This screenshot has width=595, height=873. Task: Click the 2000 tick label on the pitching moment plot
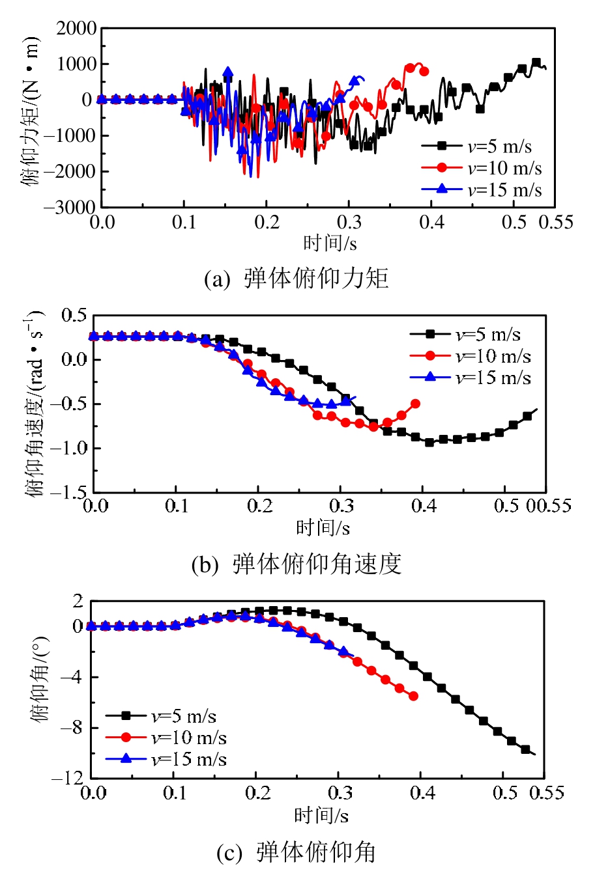click(x=76, y=29)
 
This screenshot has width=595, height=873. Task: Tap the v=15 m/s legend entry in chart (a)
click(x=481, y=189)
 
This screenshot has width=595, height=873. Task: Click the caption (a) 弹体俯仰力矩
click(x=297, y=279)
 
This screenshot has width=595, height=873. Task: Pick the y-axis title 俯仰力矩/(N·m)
click(x=30, y=112)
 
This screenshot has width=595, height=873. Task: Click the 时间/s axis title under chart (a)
click(x=330, y=243)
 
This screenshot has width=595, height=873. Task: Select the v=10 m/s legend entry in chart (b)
click(x=470, y=356)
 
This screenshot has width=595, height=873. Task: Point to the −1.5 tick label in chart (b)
click(x=70, y=493)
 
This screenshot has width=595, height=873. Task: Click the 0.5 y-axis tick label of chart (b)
click(x=74, y=316)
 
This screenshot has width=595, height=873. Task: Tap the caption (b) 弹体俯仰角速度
click(x=297, y=564)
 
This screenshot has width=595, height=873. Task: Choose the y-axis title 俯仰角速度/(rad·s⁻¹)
click(x=35, y=404)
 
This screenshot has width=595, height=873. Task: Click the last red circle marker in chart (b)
click(x=415, y=404)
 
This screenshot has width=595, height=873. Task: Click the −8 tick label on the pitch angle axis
click(x=74, y=728)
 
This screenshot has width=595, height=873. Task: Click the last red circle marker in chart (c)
click(x=413, y=696)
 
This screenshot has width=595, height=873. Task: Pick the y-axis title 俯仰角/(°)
click(x=40, y=690)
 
